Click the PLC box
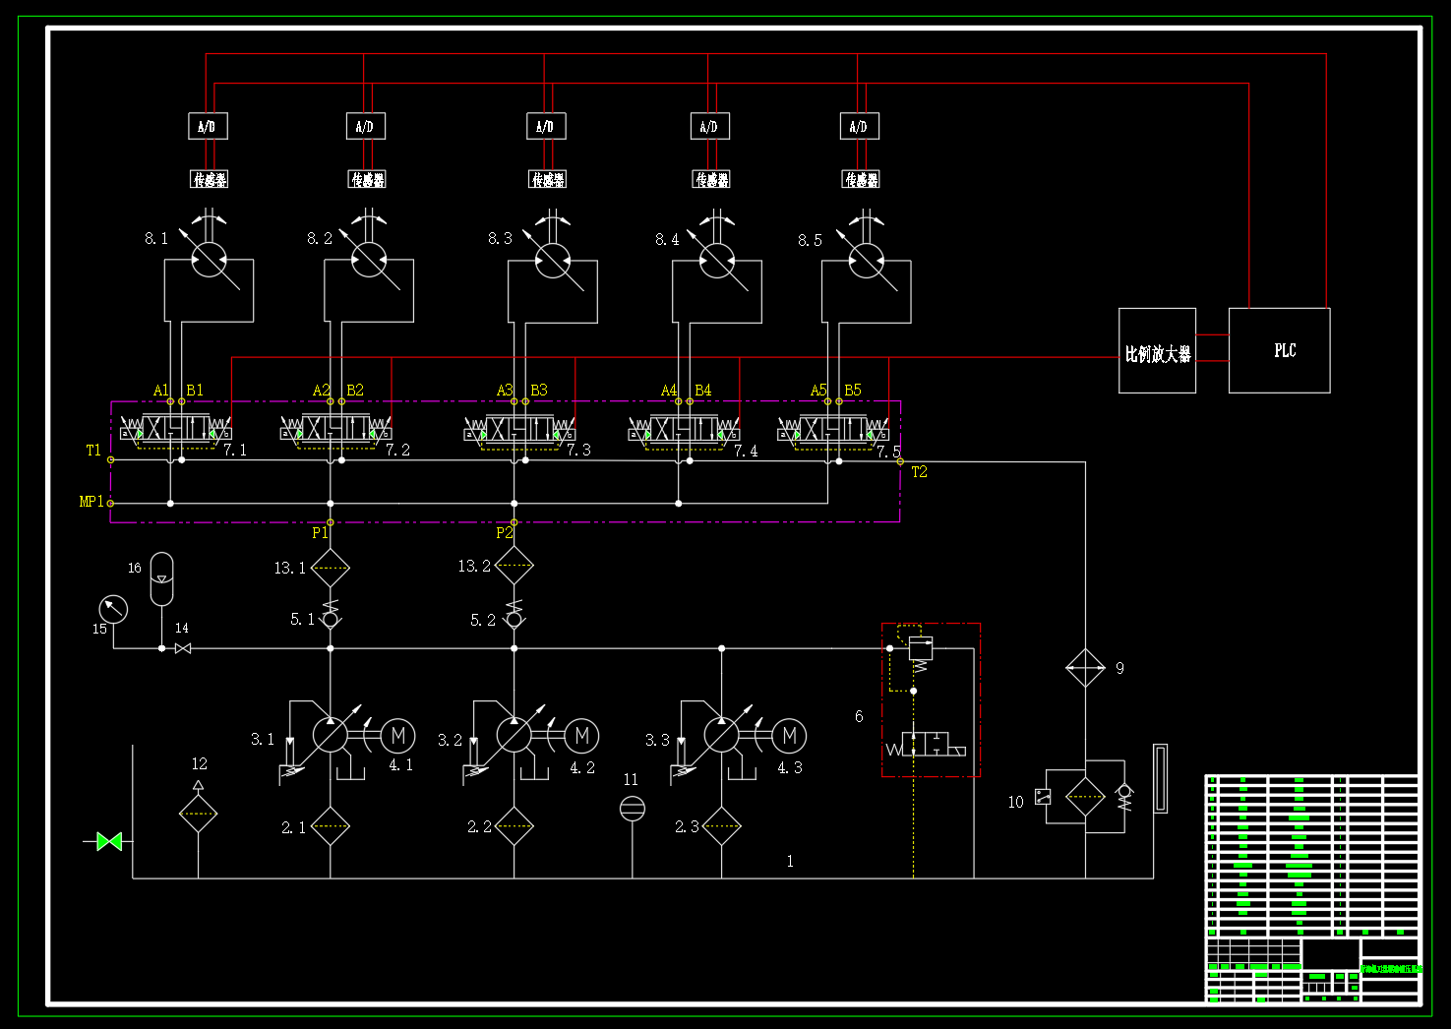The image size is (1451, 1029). (1279, 350)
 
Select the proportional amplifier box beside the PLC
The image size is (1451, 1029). (1157, 351)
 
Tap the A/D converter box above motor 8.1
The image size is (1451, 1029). (208, 126)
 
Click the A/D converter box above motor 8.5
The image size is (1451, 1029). (859, 126)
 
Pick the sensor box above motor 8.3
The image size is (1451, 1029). (548, 179)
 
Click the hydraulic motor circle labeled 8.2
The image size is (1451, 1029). (369, 260)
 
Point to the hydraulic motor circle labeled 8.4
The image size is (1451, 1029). (716, 260)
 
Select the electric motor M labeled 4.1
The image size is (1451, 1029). (397, 736)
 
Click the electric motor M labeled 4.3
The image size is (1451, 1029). (789, 736)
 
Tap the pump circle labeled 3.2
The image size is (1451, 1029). (514, 735)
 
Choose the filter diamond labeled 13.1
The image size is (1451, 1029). (330, 568)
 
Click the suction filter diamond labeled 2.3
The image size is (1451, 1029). (721, 826)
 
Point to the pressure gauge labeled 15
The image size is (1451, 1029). (114, 609)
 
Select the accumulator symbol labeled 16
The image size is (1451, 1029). (161, 578)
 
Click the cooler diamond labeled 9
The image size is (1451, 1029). (1085, 669)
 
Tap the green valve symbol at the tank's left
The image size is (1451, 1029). (109, 841)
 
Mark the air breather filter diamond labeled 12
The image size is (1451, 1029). (198, 814)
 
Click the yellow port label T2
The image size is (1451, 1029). (919, 472)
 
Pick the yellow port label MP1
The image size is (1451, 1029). (91, 502)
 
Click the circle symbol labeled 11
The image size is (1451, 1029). (632, 809)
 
